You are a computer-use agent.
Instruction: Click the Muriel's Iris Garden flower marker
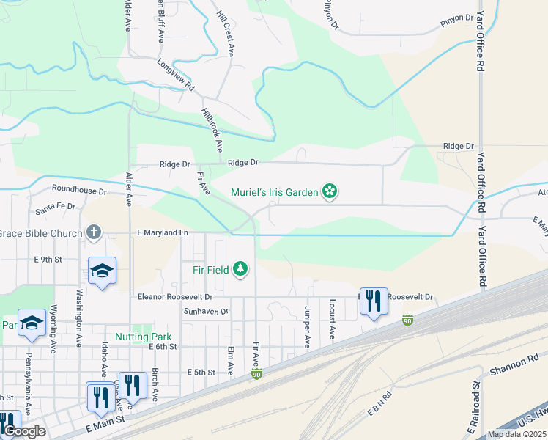pos(330,192)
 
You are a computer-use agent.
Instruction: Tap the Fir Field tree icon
pos(240,269)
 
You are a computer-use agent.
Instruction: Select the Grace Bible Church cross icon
pos(93,232)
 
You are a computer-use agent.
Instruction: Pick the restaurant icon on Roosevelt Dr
pos(374,301)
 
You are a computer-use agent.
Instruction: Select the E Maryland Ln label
pos(163,232)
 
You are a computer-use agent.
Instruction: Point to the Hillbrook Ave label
pos(211,131)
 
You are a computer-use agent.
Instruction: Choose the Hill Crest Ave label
pos(226,34)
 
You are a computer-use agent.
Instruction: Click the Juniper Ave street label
pos(308,324)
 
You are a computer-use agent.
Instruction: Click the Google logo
pos(24,432)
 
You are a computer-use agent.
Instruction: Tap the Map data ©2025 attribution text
pos(516,434)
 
